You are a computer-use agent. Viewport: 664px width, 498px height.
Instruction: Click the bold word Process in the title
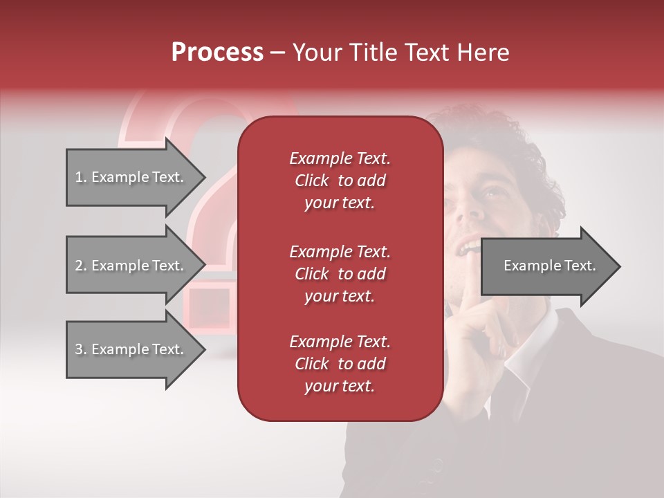pos(217,53)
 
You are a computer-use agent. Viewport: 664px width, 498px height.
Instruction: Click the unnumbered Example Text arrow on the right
pos(550,266)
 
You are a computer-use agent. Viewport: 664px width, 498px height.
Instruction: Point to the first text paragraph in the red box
pos(340,181)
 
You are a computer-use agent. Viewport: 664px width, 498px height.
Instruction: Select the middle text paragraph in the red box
pos(340,274)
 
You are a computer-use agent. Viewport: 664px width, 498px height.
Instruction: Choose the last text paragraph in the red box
pos(340,364)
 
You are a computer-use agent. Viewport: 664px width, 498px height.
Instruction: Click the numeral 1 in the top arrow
pos(78,177)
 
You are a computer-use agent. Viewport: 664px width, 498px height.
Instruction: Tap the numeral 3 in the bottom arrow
pos(79,349)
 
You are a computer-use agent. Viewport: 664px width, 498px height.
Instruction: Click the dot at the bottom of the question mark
pos(207,308)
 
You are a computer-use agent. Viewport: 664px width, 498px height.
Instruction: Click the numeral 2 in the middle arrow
pos(79,266)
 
